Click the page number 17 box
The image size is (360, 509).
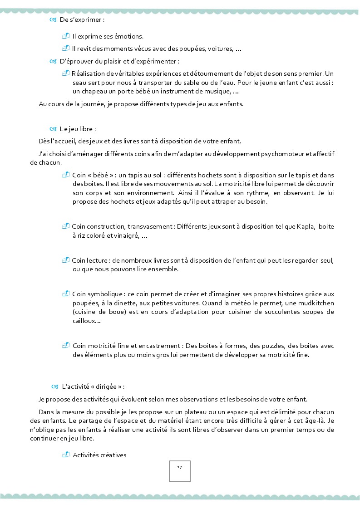(x=180, y=471)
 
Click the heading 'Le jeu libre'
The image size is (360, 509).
(x=78, y=129)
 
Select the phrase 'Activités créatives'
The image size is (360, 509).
(x=99, y=455)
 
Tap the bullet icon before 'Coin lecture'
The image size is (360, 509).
(x=66, y=260)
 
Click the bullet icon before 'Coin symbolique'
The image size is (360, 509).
(x=66, y=294)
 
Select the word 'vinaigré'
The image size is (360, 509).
(x=127, y=236)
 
